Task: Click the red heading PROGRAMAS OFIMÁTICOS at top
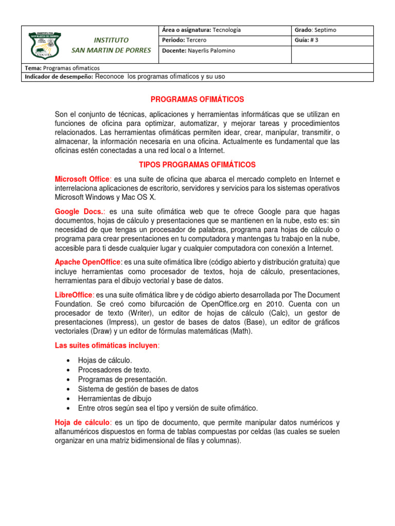(x=197, y=99)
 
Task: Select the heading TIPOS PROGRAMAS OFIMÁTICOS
(x=197, y=164)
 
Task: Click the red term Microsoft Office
(x=82, y=179)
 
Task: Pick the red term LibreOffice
(x=74, y=295)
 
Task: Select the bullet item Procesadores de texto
(x=114, y=369)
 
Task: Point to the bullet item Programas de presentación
(x=122, y=379)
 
